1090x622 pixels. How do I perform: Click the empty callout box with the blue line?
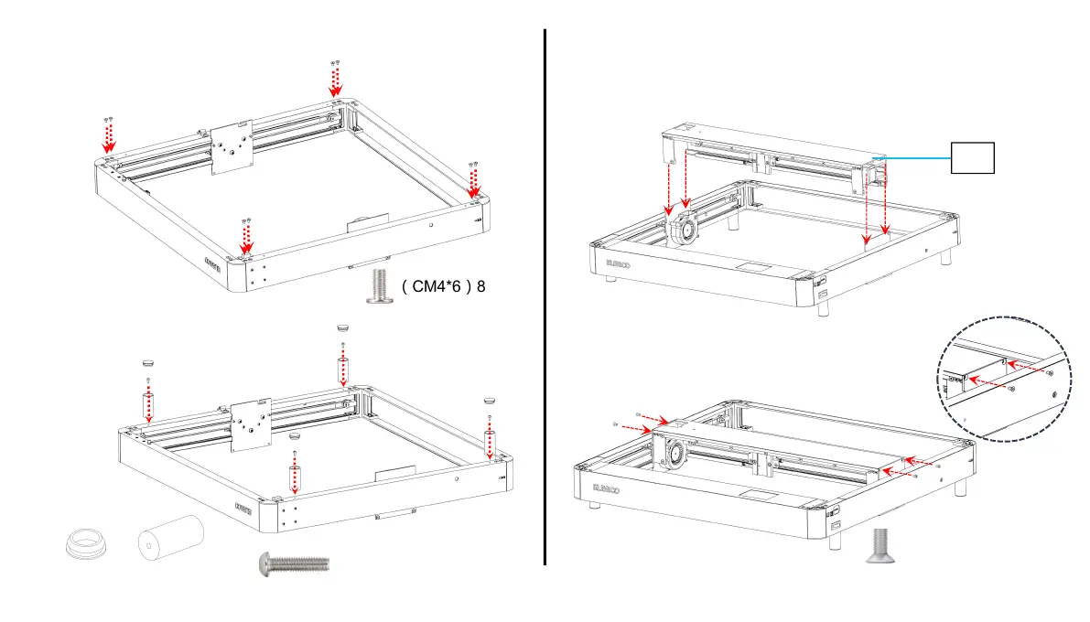coord(972,158)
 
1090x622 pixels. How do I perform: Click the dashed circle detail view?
coord(1006,379)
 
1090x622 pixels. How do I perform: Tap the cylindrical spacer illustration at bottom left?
coord(170,539)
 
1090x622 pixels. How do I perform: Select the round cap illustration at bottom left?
coord(88,543)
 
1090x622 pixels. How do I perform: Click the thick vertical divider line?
coord(545,296)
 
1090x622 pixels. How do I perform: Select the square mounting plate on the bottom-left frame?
coord(251,423)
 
